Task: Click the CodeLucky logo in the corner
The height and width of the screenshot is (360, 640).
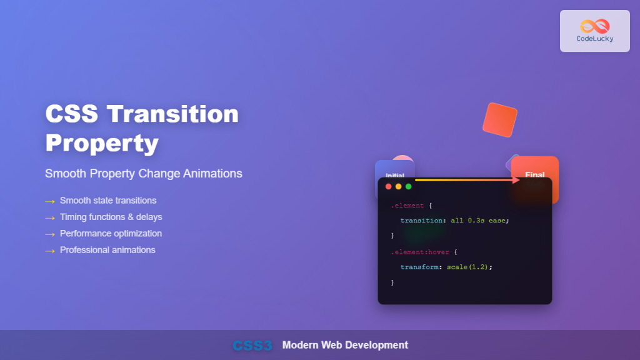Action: tap(594, 30)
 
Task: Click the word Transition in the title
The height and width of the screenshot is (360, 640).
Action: tap(172, 114)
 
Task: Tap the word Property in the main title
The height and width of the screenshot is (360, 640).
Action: tap(101, 142)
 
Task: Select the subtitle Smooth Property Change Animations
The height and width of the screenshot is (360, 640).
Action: tap(144, 173)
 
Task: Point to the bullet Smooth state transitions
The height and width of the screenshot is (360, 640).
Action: tap(108, 201)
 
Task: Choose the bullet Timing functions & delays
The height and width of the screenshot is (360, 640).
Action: tap(111, 217)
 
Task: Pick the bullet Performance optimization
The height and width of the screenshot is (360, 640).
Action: tap(111, 233)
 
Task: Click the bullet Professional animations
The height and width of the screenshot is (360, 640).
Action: tap(107, 250)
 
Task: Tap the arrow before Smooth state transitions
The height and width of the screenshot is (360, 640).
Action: tap(50, 201)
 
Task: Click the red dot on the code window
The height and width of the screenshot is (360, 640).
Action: tap(388, 186)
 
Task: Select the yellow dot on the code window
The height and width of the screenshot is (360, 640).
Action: tap(398, 186)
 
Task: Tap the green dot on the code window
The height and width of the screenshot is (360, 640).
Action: tap(408, 186)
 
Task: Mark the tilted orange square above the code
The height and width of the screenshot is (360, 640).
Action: tap(500, 120)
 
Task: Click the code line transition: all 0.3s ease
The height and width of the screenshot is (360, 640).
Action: tap(455, 221)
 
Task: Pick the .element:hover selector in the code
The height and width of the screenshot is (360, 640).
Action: tap(416, 252)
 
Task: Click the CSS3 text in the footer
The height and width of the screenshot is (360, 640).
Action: tap(252, 346)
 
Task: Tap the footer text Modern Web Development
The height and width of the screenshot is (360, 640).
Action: tap(345, 345)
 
